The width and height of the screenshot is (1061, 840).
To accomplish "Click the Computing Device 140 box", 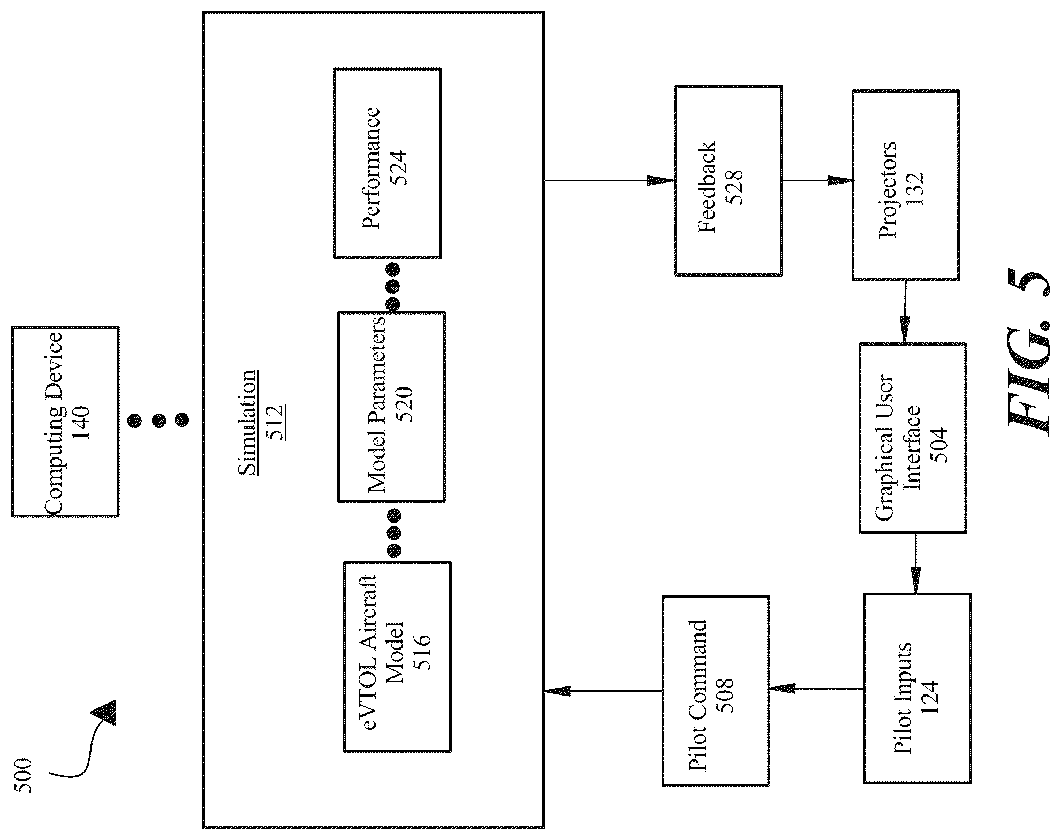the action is coord(65,422).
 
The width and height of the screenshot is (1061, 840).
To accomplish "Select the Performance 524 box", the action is coord(388,164).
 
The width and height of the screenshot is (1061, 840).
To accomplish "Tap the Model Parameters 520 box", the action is coord(391,407).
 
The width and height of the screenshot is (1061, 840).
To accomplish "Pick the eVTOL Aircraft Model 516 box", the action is coord(397,657).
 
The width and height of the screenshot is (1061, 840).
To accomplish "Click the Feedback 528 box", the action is coord(728,180).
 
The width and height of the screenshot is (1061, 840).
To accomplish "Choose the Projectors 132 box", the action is coord(906,185).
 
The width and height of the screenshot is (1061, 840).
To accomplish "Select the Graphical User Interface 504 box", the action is coord(913,438).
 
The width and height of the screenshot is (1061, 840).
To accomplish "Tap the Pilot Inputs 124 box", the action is coord(917,689).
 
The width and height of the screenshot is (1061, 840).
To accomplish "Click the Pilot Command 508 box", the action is coord(716,691).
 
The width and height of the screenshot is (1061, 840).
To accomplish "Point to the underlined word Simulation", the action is coord(247,423).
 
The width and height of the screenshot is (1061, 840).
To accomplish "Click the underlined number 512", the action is coord(275,423).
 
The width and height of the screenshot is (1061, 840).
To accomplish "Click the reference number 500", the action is coord(23,775).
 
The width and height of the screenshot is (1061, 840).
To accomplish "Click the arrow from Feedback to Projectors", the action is coord(817,180).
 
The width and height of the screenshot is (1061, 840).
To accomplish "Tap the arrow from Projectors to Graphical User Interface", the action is coord(905,312).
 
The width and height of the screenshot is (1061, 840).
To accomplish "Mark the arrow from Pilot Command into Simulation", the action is coord(603,691).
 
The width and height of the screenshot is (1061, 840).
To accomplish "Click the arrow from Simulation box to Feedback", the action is coord(609,180).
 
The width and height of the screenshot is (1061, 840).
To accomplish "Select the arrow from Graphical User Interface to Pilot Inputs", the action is coord(915,563).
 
